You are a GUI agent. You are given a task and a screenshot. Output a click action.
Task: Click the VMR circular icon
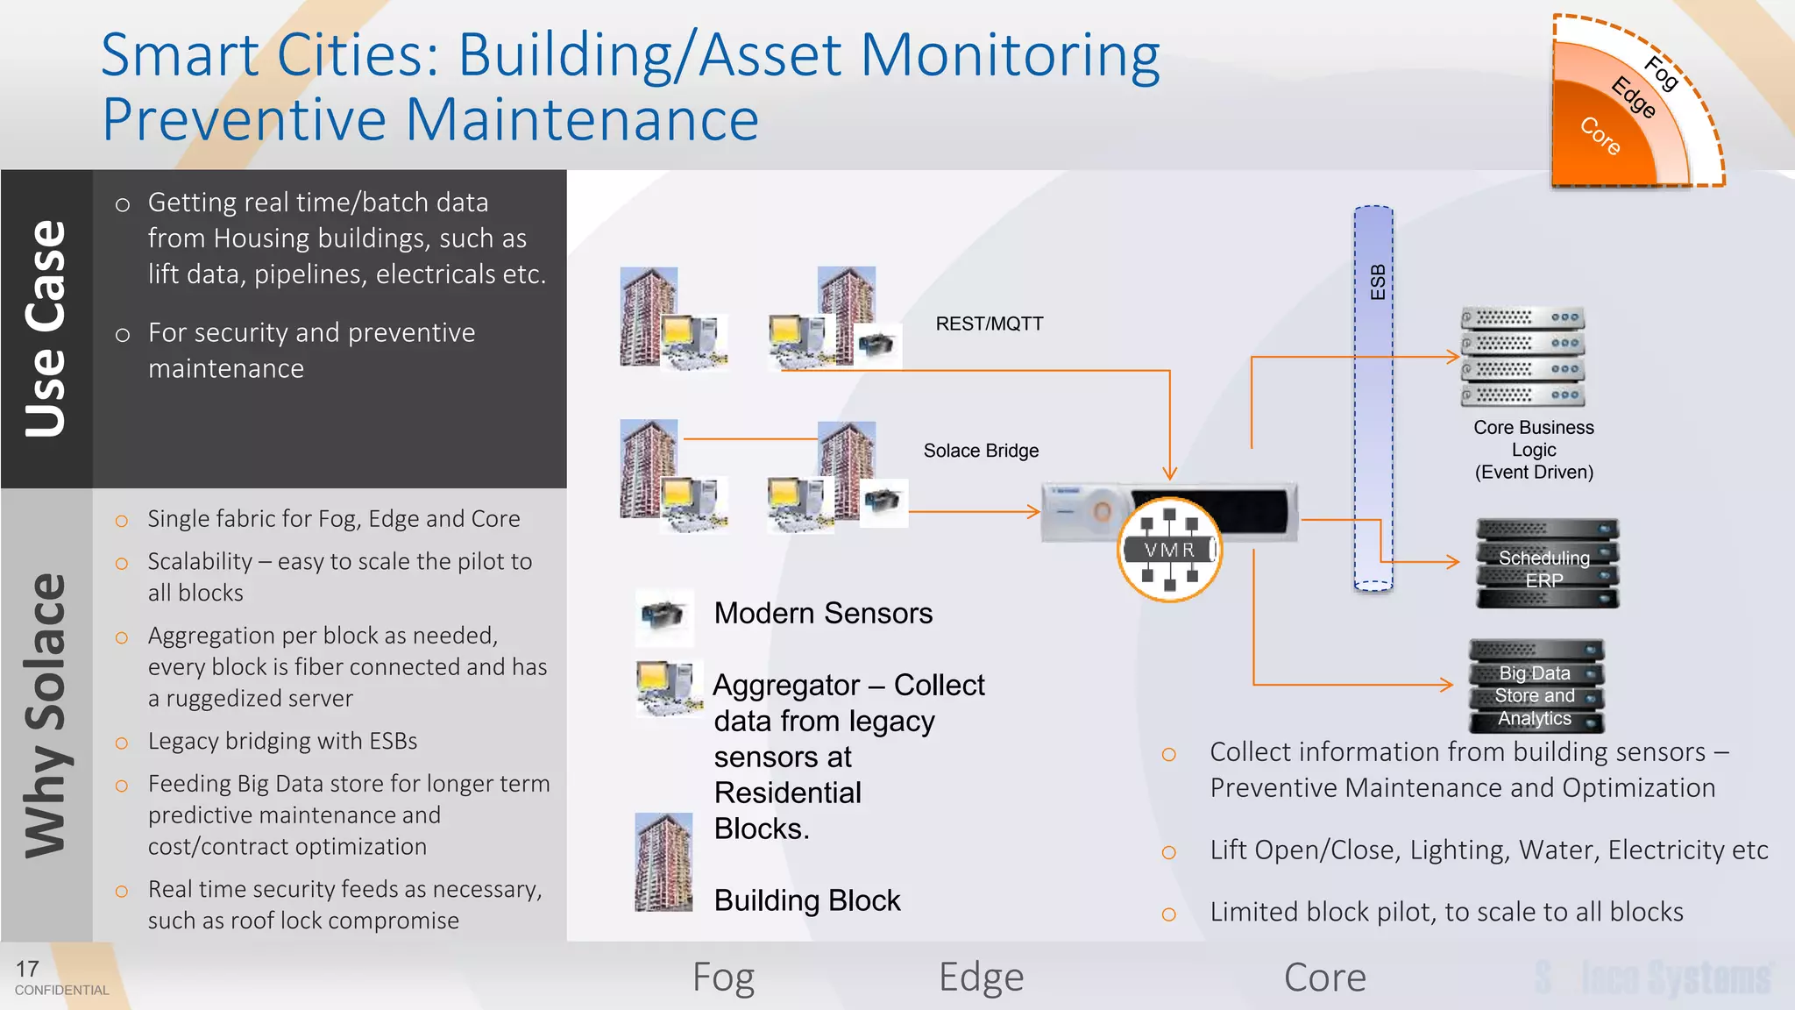(x=1169, y=550)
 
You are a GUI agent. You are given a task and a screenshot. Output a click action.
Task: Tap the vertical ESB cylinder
(x=1373, y=399)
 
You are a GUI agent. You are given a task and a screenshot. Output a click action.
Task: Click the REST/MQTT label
(x=989, y=324)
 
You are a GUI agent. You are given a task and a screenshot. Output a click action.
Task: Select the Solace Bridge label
(x=980, y=451)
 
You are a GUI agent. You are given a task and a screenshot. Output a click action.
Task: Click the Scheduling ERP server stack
(x=1547, y=564)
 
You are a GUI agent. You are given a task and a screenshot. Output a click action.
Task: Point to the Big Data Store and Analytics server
(x=1536, y=686)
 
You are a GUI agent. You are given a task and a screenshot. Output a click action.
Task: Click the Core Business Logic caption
(x=1533, y=450)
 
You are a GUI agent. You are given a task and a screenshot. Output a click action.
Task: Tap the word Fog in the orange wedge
(x=1661, y=74)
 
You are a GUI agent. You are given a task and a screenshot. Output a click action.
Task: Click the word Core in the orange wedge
(x=1600, y=136)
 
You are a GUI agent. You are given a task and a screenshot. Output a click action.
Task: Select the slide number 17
(x=27, y=969)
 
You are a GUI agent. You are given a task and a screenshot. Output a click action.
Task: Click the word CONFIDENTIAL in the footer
(x=61, y=991)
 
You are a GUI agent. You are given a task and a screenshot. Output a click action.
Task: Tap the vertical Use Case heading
(x=46, y=329)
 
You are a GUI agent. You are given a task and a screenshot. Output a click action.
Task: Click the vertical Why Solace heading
(x=46, y=715)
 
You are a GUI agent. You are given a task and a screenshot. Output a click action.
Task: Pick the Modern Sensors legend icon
(x=663, y=615)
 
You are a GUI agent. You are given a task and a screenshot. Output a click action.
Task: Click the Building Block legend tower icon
(x=663, y=863)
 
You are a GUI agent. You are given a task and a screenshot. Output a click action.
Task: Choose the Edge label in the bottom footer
(x=980, y=977)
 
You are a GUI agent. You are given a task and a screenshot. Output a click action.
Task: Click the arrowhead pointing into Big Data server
(x=1447, y=684)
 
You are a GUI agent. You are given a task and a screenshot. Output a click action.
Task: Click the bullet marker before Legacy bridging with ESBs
(x=122, y=743)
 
